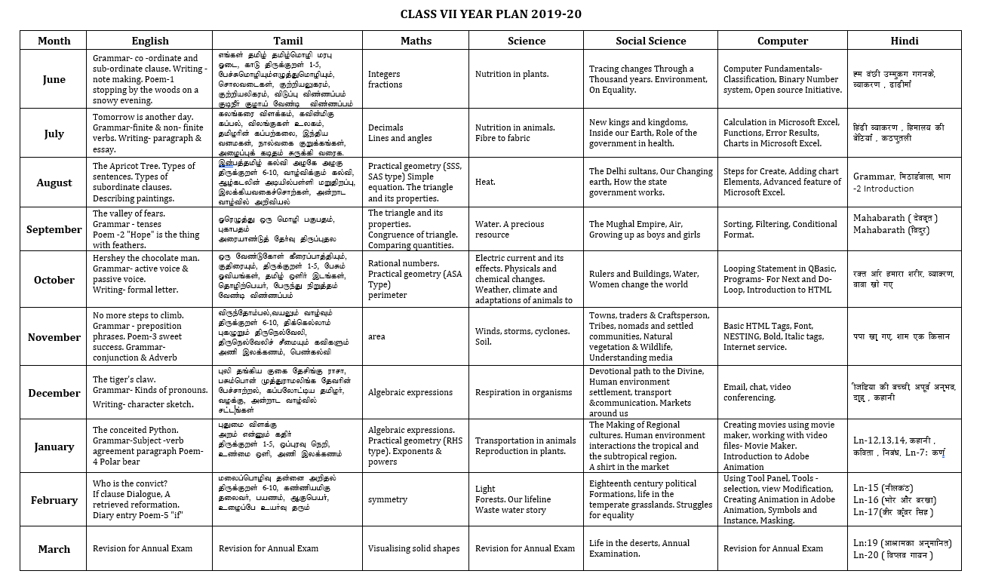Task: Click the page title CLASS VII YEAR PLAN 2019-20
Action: point(491,14)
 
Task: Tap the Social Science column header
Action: point(650,41)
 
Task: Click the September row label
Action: point(54,229)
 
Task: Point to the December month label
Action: point(54,393)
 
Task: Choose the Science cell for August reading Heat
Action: point(485,182)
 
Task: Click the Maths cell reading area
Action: point(376,336)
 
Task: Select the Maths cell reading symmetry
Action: point(387,499)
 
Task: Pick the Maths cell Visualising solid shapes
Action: point(413,548)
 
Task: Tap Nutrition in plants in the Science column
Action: point(511,74)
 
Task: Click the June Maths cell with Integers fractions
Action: point(385,79)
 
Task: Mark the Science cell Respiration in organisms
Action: point(524,392)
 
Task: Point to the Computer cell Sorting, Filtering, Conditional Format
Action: point(780,229)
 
